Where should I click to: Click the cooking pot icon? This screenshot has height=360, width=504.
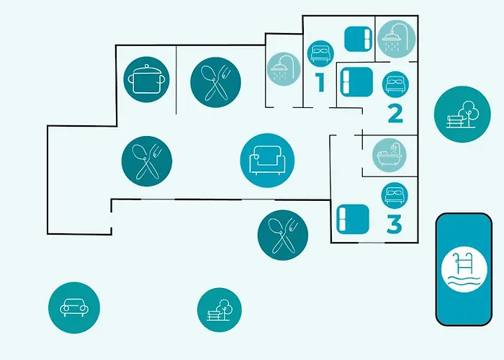point(145,79)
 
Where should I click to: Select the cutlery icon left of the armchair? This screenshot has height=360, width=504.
point(148,161)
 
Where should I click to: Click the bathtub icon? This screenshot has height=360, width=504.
point(390,155)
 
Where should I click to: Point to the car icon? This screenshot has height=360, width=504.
point(73,307)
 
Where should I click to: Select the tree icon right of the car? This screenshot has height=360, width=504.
point(220,310)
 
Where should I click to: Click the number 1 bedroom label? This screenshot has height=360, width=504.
point(320,83)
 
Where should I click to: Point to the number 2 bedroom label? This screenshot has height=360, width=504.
point(395,113)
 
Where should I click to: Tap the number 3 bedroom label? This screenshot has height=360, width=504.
point(393,224)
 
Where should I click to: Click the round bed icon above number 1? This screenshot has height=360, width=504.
point(320,53)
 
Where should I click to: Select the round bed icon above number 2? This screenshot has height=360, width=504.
point(395,84)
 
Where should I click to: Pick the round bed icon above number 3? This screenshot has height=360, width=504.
point(394,194)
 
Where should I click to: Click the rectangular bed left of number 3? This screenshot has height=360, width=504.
point(353,220)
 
